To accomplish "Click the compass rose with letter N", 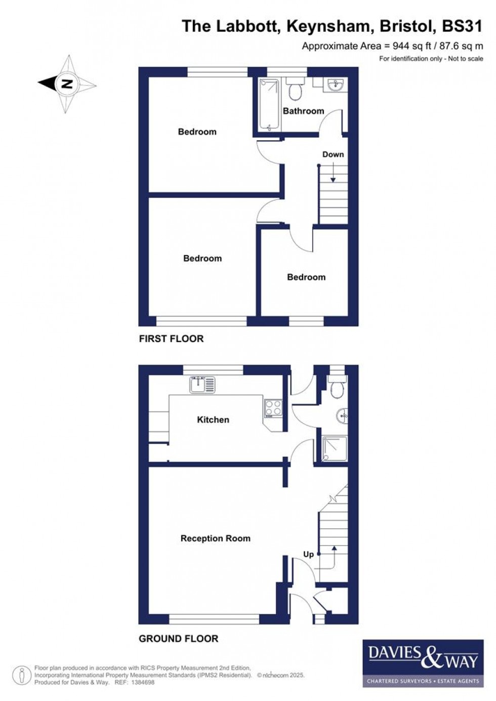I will [x=67, y=84].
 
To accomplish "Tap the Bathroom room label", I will [x=303, y=111].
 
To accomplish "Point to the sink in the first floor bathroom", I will [x=335, y=85].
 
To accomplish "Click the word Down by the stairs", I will [x=333, y=154].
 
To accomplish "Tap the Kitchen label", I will [x=213, y=420].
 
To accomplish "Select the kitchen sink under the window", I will [x=202, y=385].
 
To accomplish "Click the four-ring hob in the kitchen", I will [x=273, y=408].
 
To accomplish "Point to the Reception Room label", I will [x=215, y=539].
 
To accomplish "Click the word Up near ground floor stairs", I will [x=308, y=554].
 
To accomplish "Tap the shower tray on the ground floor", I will [x=335, y=448].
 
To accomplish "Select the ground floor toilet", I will [x=337, y=387].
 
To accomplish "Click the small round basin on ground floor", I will [x=343, y=416].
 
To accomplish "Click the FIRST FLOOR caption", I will [x=171, y=339].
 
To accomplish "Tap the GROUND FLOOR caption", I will [x=178, y=639].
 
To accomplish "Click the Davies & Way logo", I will [x=421, y=664].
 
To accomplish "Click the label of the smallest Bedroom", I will [x=306, y=277].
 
